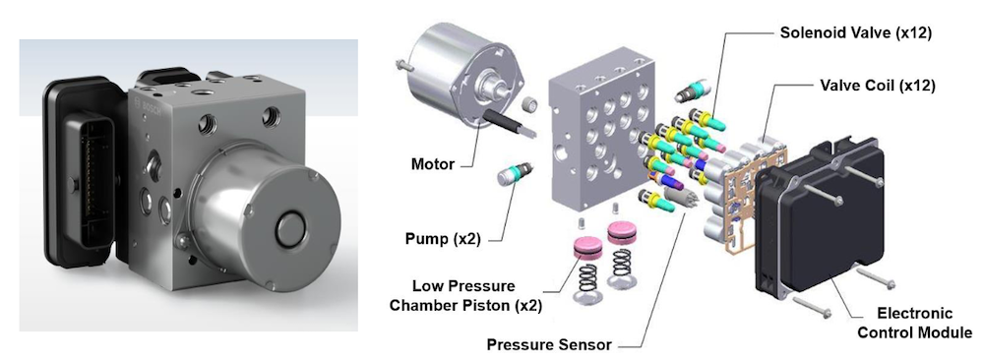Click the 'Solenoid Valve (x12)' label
[856, 32]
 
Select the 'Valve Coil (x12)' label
[878, 86]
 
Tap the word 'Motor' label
[432, 165]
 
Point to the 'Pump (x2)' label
[444, 239]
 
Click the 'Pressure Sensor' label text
[549, 344]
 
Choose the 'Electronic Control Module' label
[914, 323]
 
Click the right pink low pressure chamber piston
[621, 233]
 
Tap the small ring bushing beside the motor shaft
[530, 104]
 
